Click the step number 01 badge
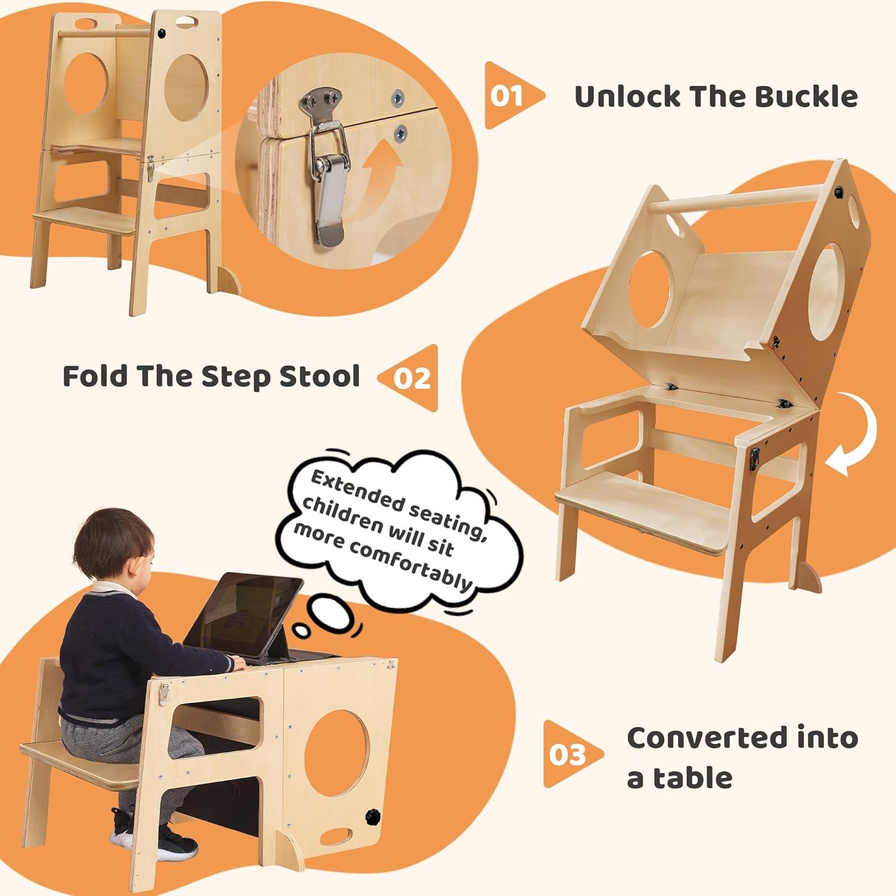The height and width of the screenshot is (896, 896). pyautogui.click(x=508, y=96)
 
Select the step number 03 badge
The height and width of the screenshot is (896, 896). pyautogui.click(x=567, y=754)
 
